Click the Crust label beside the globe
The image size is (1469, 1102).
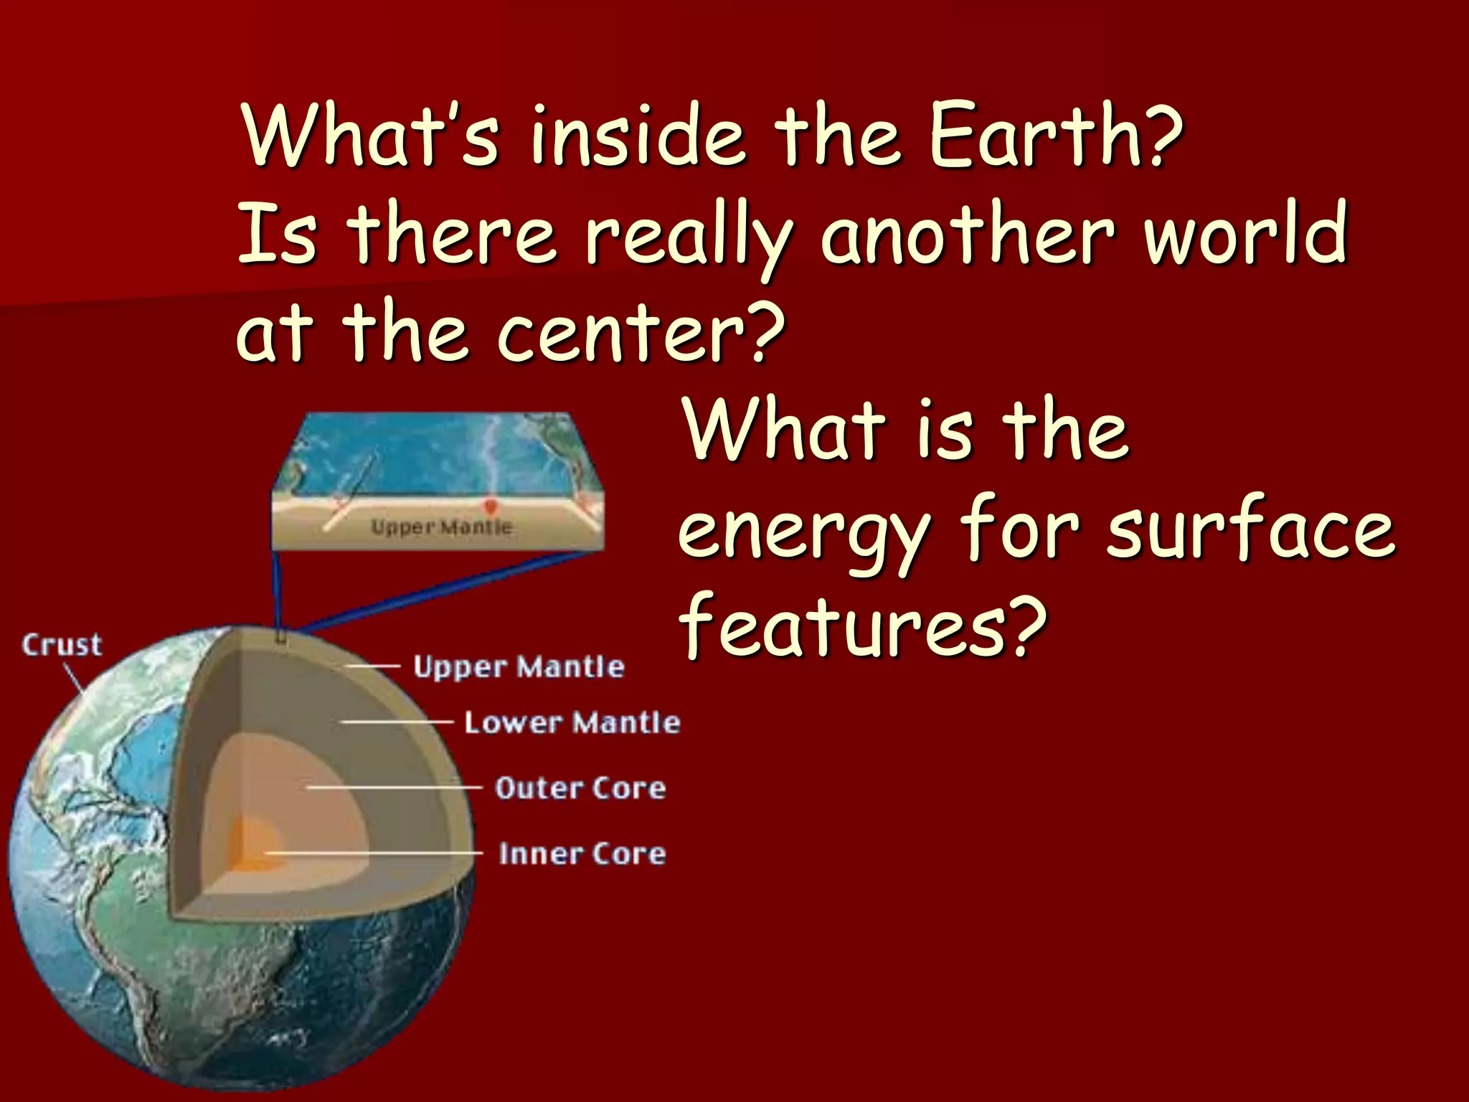click(x=62, y=645)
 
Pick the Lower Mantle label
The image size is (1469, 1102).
click(x=572, y=722)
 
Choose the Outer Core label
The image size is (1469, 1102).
click(x=580, y=788)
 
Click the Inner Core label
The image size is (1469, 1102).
click(x=582, y=854)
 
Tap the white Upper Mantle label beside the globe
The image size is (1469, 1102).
click(x=519, y=667)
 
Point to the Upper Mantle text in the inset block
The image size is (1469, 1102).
click(x=441, y=527)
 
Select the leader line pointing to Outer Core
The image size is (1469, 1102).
click(x=395, y=787)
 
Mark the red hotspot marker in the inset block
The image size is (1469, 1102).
click(x=491, y=507)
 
